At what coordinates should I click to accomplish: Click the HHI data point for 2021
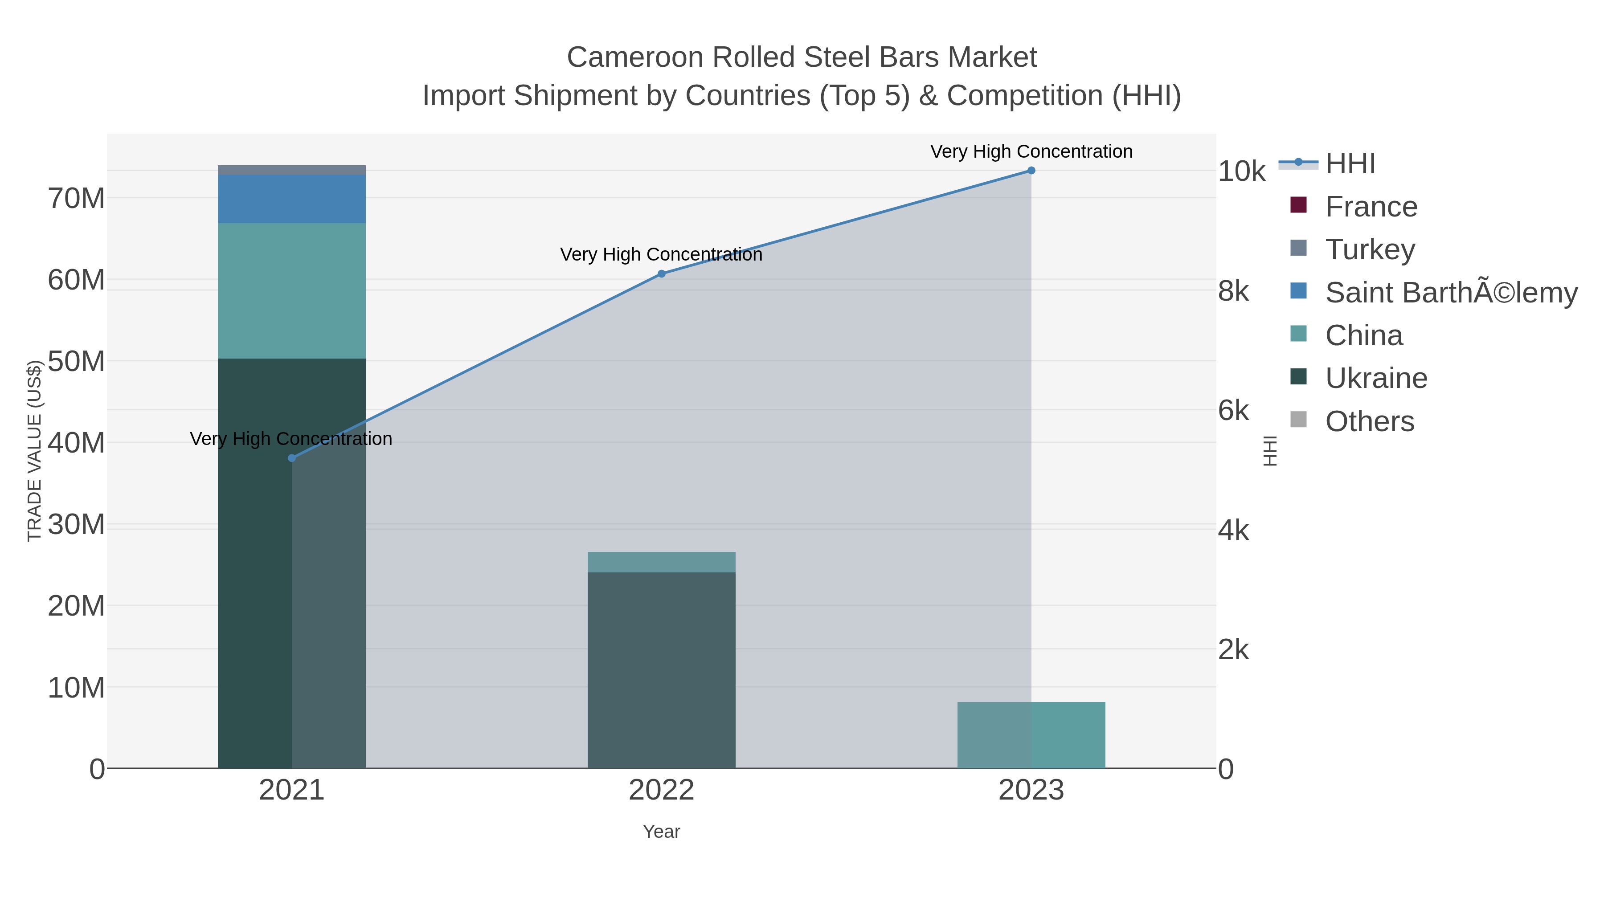click(x=292, y=458)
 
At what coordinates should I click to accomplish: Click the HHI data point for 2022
click(x=662, y=274)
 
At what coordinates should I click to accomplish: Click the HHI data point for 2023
click(x=1031, y=171)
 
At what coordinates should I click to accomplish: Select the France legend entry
click(x=1371, y=207)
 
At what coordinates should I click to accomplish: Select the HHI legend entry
click(x=1350, y=164)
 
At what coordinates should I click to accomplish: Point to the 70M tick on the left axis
click(x=76, y=199)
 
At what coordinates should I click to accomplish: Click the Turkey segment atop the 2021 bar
click(x=291, y=170)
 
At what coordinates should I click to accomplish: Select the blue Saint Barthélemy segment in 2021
click(x=291, y=199)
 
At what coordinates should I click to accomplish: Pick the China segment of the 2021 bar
click(x=291, y=291)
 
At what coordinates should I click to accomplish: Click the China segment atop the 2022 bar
click(x=661, y=562)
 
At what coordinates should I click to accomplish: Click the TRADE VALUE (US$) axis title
click(x=34, y=451)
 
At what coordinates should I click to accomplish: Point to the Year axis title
click(x=661, y=832)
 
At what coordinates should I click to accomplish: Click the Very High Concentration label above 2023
click(x=1031, y=152)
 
